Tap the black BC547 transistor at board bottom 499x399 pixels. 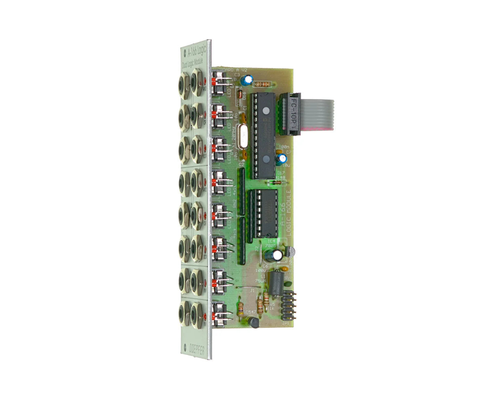pos(254,323)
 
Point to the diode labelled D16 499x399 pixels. pos(240,95)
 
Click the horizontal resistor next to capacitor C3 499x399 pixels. pos(263,84)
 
